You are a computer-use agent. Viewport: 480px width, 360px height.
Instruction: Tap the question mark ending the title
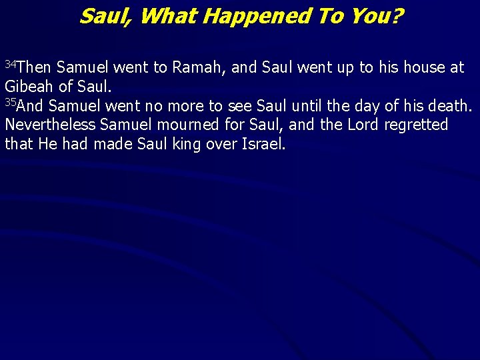398,16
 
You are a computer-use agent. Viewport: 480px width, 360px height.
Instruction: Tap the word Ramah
197,67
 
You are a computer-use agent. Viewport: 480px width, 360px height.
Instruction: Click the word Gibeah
27,87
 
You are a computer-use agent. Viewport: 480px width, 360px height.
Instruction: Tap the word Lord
362,125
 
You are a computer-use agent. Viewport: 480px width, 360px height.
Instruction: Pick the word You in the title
374,16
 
